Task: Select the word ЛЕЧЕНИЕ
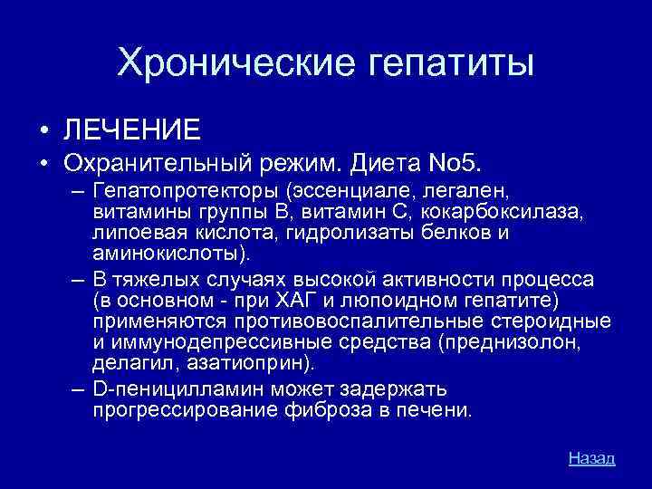click(x=132, y=129)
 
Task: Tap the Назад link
click(x=591, y=458)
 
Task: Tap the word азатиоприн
click(x=264, y=363)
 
